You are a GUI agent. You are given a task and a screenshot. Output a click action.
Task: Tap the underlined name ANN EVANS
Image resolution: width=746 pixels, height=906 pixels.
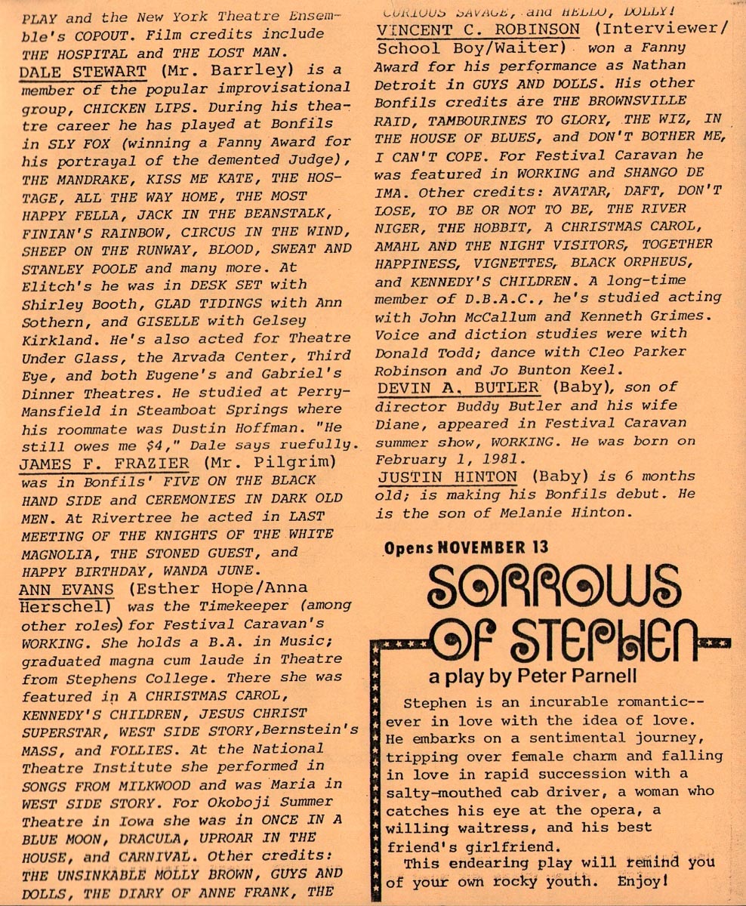pos(66,589)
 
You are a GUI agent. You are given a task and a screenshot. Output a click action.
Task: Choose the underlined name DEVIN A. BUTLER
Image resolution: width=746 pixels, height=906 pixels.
pos(458,387)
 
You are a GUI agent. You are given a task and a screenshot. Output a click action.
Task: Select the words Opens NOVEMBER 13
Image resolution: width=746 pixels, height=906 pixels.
pos(466,547)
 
